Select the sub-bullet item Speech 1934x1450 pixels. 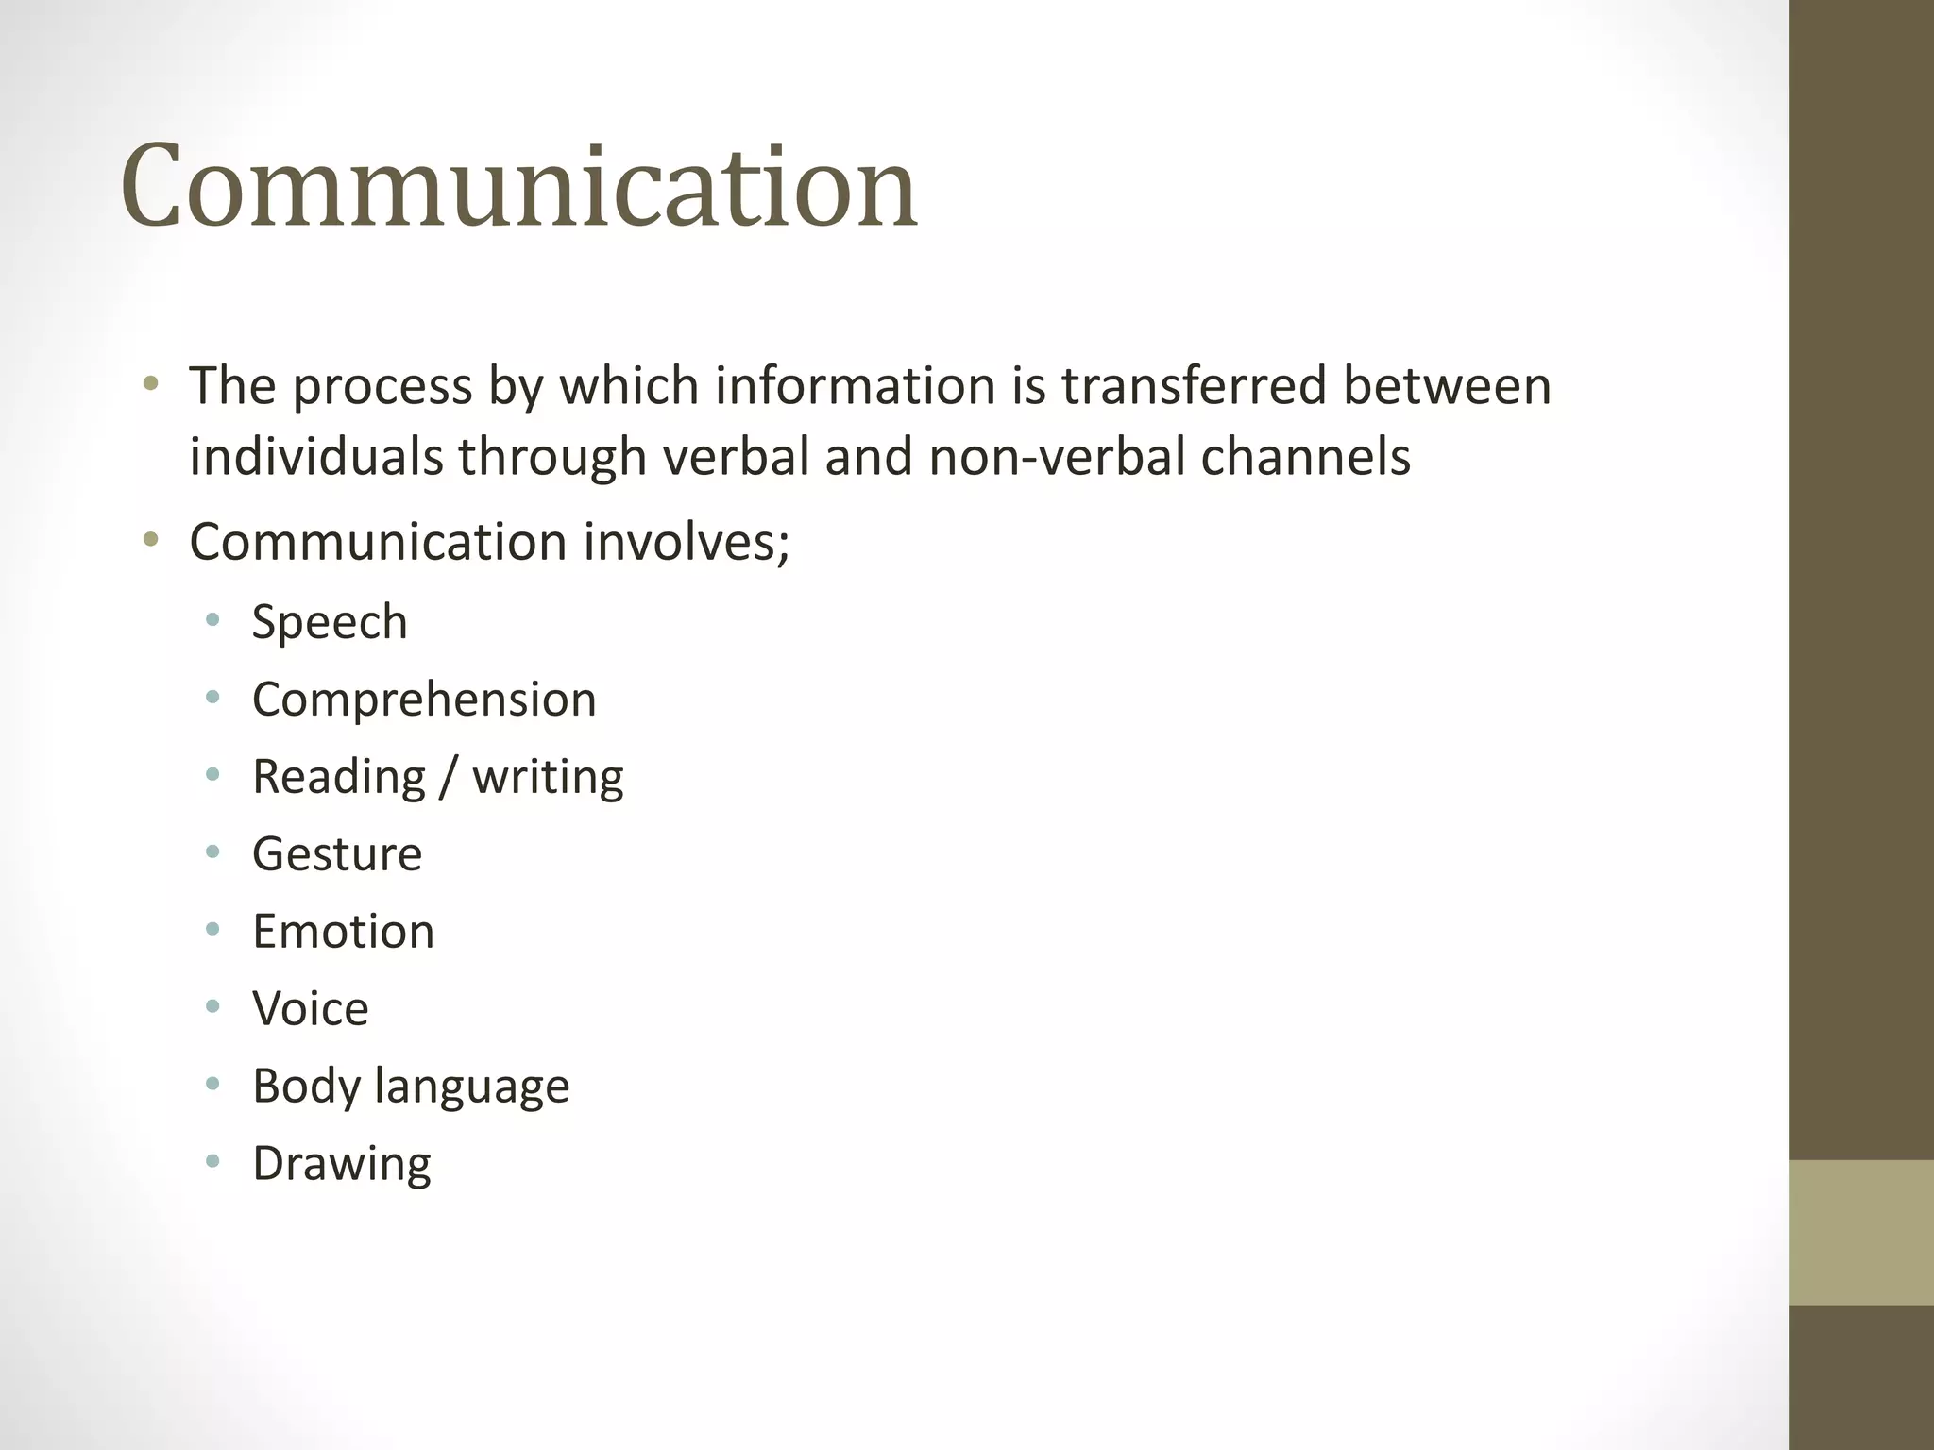[x=330, y=622]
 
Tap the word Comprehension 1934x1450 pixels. [x=424, y=700]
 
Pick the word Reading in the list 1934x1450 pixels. [x=339, y=777]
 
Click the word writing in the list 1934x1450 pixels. [x=548, y=777]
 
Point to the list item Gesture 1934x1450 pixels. [x=337, y=854]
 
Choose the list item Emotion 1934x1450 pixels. [x=343, y=932]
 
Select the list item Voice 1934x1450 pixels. [x=311, y=1008]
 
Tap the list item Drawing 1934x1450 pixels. [x=342, y=1164]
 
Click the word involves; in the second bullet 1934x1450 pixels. [x=686, y=542]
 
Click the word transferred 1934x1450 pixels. [x=1194, y=386]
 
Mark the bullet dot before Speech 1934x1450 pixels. [x=212, y=620]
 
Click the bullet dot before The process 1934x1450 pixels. [x=150, y=384]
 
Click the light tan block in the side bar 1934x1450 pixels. [x=1860, y=1232]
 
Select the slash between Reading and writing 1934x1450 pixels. [x=449, y=778]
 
